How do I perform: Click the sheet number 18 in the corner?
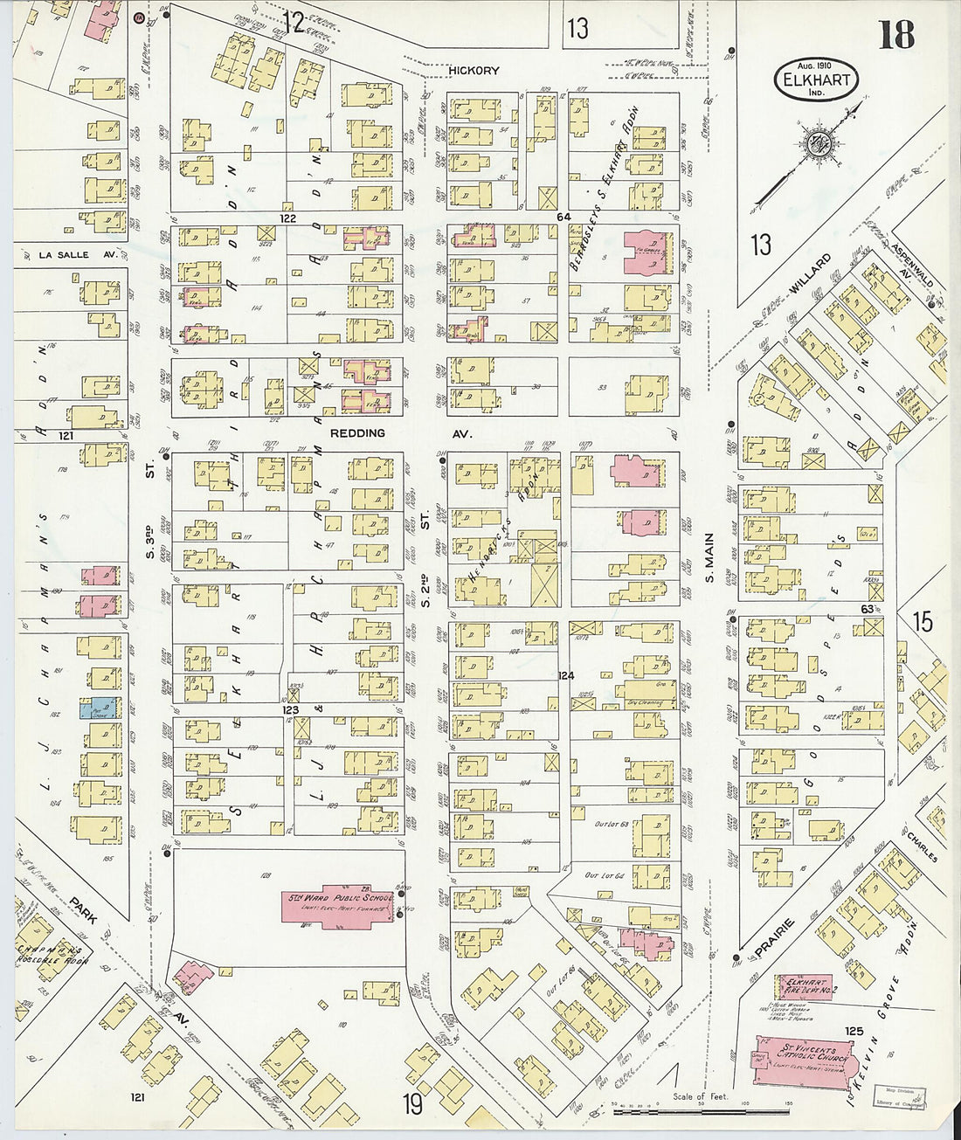(895, 34)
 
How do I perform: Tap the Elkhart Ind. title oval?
(816, 80)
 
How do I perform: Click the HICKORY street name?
(474, 71)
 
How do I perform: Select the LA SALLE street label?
(65, 255)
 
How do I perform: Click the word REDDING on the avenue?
(357, 433)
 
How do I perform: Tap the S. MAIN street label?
(709, 559)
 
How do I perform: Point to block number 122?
(287, 218)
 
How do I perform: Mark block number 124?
(566, 675)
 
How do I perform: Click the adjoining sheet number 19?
(412, 1104)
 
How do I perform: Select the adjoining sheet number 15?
(922, 622)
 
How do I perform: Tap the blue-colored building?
(102, 708)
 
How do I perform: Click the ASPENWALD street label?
(914, 262)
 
